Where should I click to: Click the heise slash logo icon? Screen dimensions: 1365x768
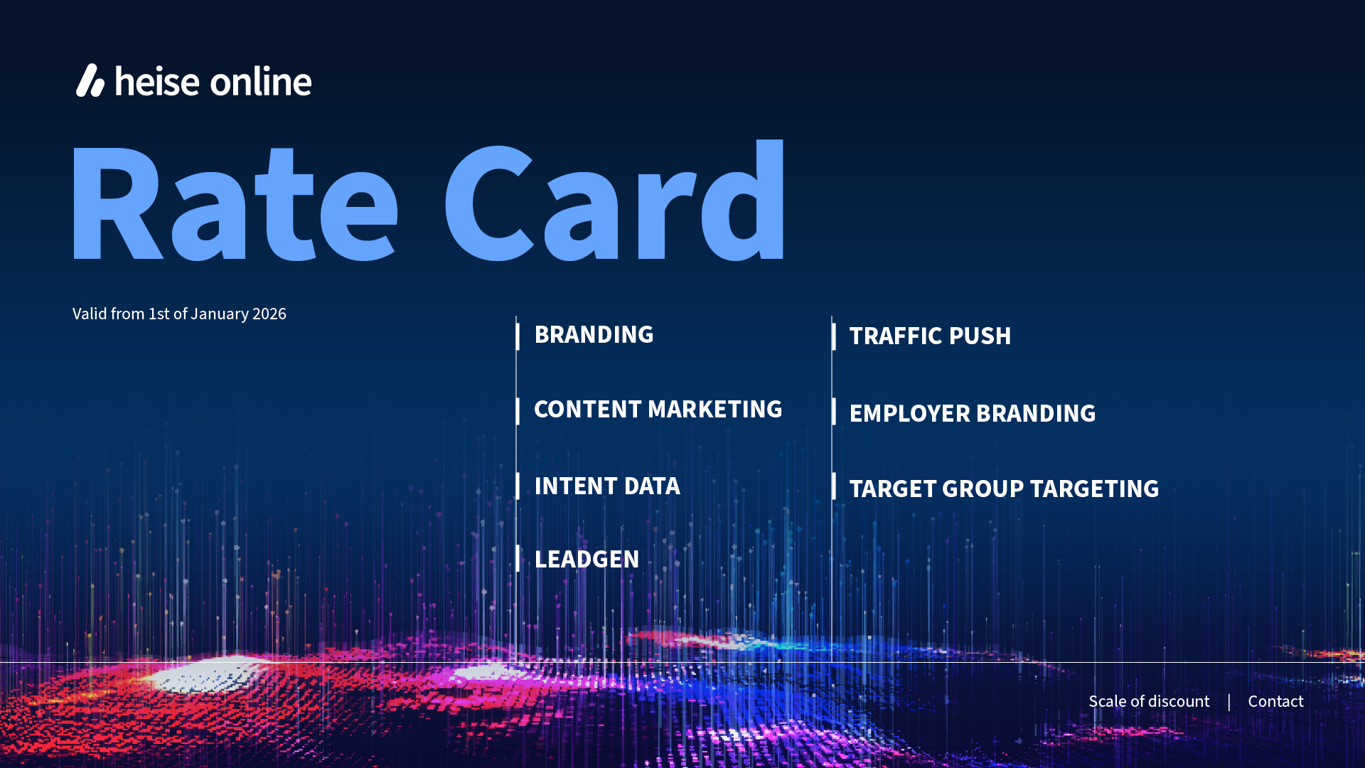[90, 80]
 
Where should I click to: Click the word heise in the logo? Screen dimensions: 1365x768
[157, 81]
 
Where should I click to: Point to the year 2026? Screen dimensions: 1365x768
[269, 314]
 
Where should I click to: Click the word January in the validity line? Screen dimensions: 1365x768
[220, 314]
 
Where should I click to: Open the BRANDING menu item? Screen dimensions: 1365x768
[594, 335]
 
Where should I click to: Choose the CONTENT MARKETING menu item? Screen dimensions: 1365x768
[658, 410]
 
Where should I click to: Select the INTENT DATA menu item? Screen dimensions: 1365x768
[607, 486]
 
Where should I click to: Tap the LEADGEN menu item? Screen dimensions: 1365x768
[587, 560]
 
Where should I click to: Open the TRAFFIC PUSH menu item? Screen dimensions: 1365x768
[930, 336]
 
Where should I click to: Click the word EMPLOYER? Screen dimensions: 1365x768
[910, 414]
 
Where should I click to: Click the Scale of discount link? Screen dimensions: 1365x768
[1149, 701]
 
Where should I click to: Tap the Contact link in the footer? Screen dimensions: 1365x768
[1276, 701]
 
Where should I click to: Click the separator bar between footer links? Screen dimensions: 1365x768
[1228, 702]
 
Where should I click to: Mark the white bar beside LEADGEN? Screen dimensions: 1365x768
[518, 558]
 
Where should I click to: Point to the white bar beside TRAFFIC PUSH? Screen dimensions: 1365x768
[834, 336]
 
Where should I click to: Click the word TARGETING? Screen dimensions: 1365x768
[1095, 489]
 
